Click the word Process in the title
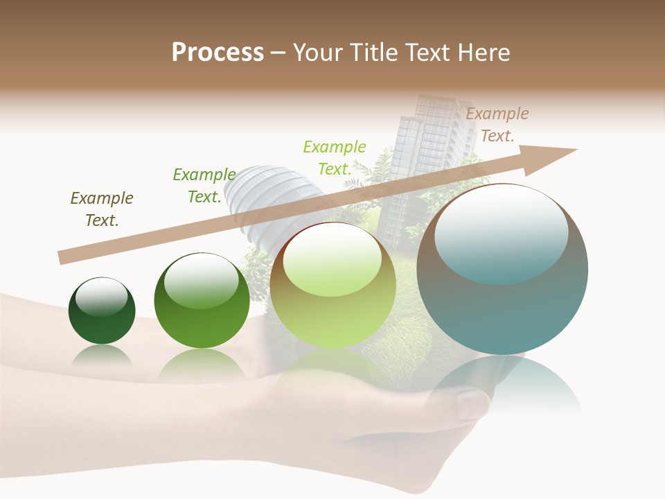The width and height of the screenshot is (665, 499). (218, 53)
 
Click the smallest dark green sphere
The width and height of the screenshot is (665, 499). (102, 311)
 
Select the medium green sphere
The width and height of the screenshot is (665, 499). (202, 301)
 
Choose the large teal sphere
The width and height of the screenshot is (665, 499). (502, 270)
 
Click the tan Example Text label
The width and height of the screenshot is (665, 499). (497, 125)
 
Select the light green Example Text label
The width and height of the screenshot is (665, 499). (334, 158)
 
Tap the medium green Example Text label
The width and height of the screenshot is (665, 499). (204, 186)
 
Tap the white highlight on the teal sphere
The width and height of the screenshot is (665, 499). (501, 232)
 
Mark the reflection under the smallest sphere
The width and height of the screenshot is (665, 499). (102, 355)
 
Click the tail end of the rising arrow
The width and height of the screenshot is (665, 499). (64, 257)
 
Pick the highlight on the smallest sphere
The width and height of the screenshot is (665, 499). (101, 297)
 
